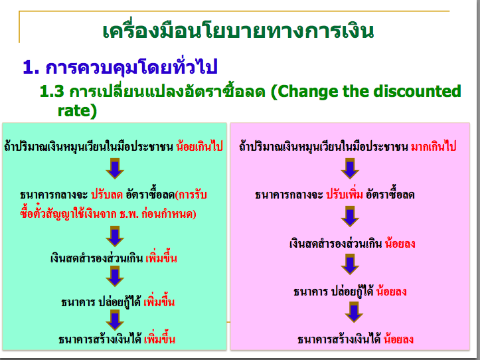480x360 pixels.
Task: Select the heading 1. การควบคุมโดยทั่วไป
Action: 120,66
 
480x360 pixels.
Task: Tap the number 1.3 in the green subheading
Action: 52,91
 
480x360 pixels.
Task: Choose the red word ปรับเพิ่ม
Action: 347,195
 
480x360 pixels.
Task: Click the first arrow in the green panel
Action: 115,169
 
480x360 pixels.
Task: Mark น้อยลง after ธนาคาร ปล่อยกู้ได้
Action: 391,292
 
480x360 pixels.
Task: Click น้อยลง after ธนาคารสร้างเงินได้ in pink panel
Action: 398,339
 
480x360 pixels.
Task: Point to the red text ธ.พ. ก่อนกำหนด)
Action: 162,215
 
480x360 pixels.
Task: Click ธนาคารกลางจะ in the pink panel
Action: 288,195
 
